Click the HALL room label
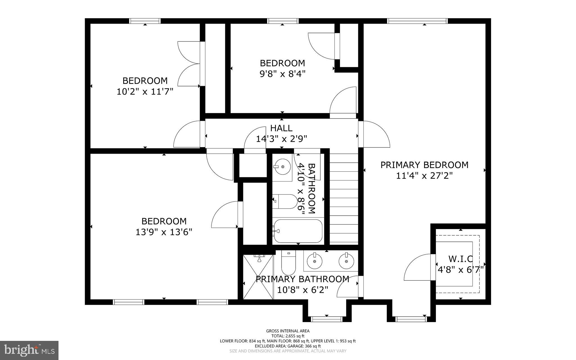(x=281, y=128)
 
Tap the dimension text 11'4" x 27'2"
(x=424, y=176)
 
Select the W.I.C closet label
(x=460, y=258)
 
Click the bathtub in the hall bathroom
(x=298, y=231)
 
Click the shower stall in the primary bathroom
(x=258, y=277)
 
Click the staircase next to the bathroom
(x=344, y=198)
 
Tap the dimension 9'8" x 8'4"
(x=282, y=74)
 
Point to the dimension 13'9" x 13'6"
(x=164, y=232)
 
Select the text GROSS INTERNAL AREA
(x=288, y=331)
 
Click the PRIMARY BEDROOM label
(x=424, y=165)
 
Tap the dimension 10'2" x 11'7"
(x=145, y=92)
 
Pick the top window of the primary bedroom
(x=417, y=21)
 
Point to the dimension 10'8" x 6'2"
(x=303, y=290)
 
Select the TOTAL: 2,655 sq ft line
(x=288, y=336)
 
